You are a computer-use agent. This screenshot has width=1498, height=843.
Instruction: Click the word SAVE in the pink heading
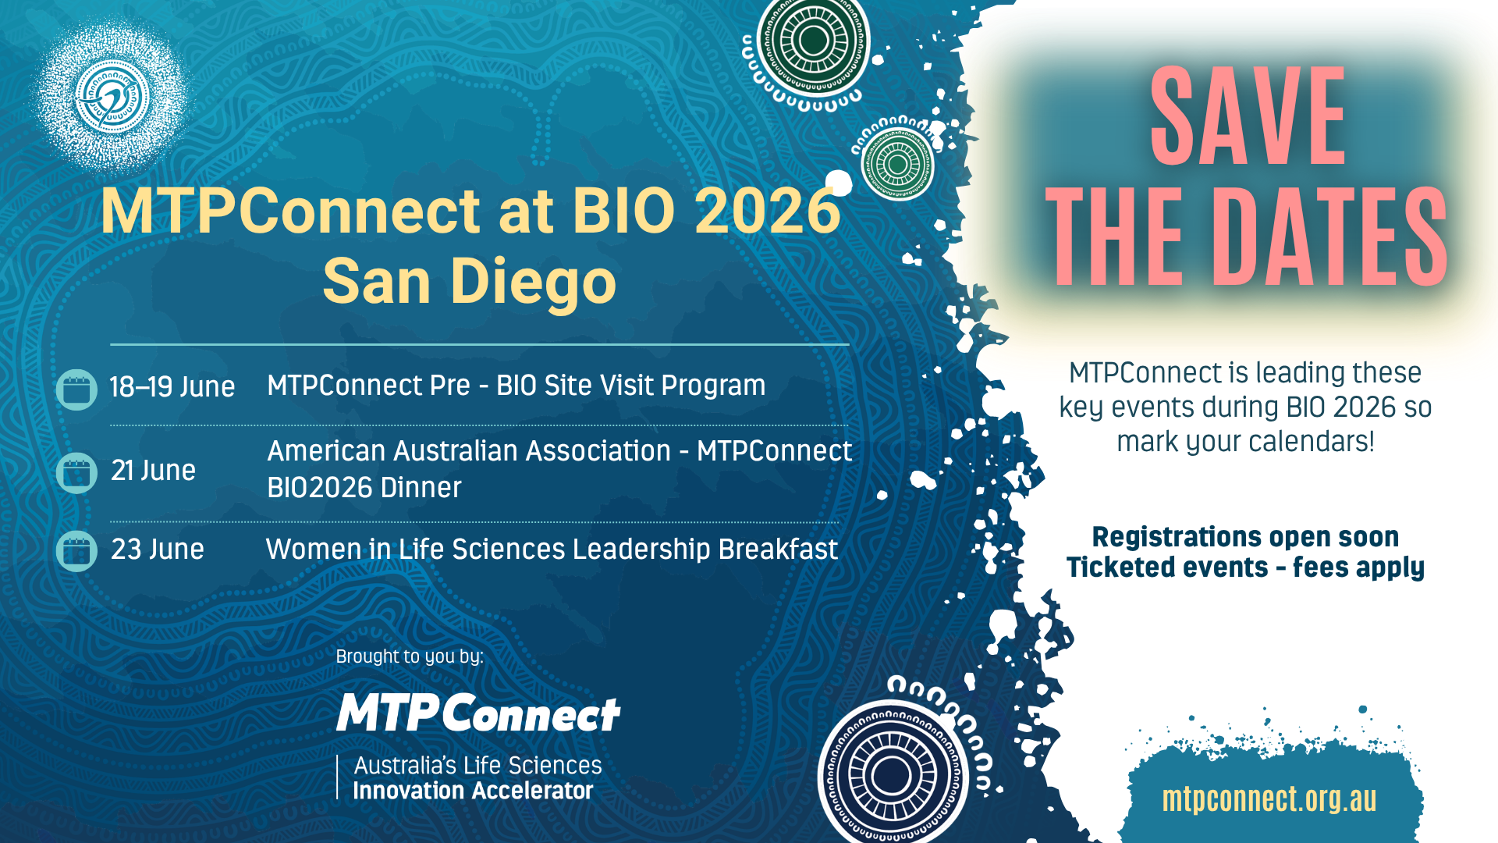(1248, 116)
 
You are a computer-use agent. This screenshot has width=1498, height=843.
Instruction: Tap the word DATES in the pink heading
(1329, 237)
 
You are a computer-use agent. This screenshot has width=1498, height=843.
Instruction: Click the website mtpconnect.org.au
(1269, 799)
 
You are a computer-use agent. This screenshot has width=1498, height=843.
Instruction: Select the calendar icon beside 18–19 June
(76, 389)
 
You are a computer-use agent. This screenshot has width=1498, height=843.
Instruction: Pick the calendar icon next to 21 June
(76, 472)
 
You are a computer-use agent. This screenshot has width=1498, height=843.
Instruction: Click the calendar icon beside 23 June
(76, 551)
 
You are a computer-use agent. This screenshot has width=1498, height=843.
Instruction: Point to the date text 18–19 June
(172, 386)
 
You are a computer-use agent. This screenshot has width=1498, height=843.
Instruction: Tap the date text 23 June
(158, 549)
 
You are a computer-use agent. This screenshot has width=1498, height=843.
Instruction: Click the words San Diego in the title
(470, 282)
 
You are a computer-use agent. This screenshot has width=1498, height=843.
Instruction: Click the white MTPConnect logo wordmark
(478, 713)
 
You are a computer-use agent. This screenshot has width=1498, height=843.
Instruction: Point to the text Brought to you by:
(410, 656)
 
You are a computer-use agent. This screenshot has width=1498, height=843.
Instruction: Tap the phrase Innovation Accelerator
(473, 791)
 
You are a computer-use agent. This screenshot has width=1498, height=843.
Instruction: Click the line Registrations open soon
(1245, 537)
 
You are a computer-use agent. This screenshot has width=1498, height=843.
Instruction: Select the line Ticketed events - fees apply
(1245, 567)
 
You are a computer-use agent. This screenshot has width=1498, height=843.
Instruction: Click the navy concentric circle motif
(892, 776)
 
